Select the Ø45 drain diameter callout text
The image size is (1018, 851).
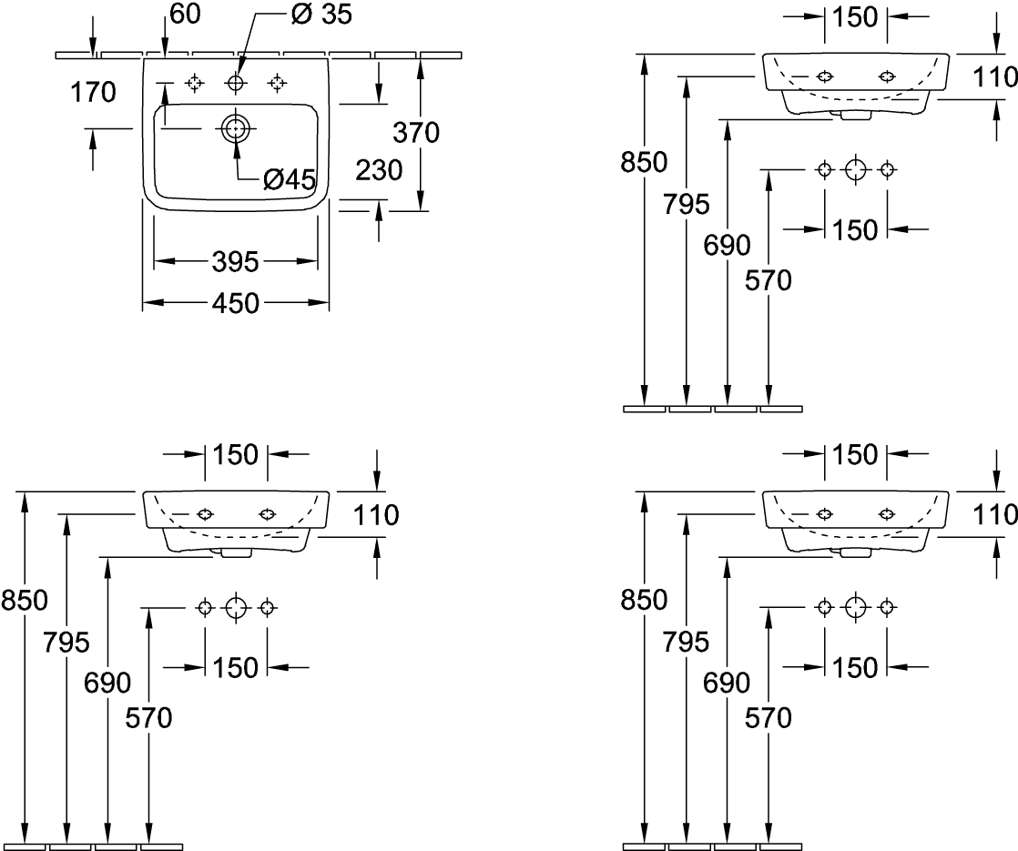pyautogui.click(x=289, y=179)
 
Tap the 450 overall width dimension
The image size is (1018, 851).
pyautogui.click(x=236, y=302)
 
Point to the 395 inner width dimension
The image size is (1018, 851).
pyautogui.click(x=236, y=263)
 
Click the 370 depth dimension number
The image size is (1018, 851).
pyautogui.click(x=416, y=133)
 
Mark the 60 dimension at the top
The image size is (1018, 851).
pyautogui.click(x=185, y=15)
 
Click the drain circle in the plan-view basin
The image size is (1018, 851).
pyautogui.click(x=235, y=129)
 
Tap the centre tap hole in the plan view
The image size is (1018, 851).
pyautogui.click(x=236, y=84)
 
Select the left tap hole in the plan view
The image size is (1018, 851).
pyautogui.click(x=193, y=84)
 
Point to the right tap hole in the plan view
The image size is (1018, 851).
pyautogui.click(x=277, y=84)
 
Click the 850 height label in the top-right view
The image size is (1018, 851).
pyautogui.click(x=644, y=162)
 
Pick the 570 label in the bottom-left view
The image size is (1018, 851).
pyautogui.click(x=148, y=719)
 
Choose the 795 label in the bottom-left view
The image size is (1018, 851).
pyautogui.click(x=66, y=643)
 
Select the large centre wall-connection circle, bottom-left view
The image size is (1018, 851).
pyautogui.click(x=236, y=607)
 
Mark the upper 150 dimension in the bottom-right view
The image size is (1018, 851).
pyautogui.click(x=854, y=453)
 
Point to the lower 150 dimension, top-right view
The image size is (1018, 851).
pyautogui.click(x=854, y=230)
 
